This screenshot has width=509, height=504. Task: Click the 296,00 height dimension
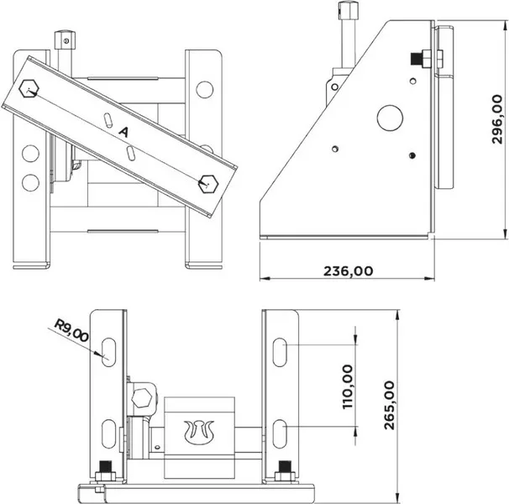(497, 118)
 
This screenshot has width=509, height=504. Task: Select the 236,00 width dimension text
(349, 270)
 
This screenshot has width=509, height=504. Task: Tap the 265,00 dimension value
(389, 405)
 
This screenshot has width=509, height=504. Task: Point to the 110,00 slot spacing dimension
(348, 386)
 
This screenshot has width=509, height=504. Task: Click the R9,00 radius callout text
(71, 330)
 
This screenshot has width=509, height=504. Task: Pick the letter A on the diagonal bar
(123, 132)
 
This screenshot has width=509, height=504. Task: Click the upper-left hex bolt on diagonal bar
(29, 88)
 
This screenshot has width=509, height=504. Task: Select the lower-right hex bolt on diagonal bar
(208, 184)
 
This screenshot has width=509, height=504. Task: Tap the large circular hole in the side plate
(390, 118)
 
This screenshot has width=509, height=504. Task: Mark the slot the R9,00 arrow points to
(108, 352)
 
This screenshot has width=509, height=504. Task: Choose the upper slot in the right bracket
(280, 352)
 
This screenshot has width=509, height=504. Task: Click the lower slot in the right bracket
(280, 433)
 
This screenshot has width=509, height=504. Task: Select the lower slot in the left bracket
(108, 433)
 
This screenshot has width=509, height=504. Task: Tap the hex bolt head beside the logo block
(142, 397)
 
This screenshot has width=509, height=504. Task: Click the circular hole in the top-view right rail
(205, 89)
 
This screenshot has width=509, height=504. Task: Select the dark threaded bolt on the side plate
(416, 59)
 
